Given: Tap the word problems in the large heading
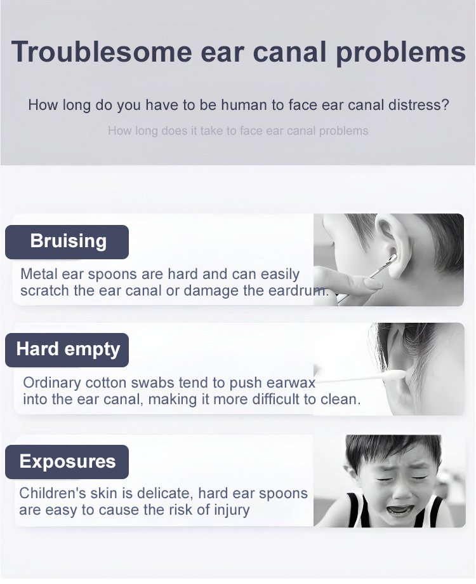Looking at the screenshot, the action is (401, 53).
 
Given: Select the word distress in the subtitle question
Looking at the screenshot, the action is (415, 105).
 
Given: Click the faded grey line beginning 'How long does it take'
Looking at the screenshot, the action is (238, 131).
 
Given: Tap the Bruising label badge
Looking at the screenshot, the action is (67, 241).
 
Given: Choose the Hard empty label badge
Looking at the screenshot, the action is (67, 350).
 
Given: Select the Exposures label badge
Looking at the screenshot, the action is (67, 461).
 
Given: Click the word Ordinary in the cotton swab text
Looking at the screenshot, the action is (52, 383).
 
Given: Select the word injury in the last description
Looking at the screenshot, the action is (232, 510).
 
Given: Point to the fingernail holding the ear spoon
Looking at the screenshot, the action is (373, 285).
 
